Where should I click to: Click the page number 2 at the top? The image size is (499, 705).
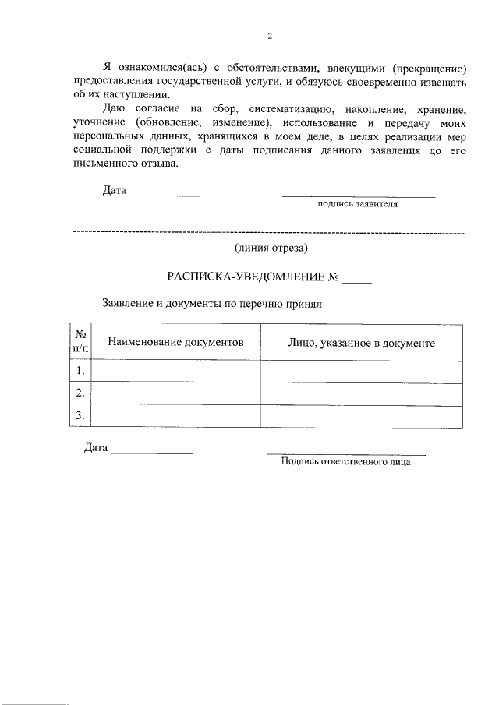tap(269, 35)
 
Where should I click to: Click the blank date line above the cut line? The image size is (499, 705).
tap(165, 192)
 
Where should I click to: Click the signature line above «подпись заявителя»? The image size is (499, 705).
tap(358, 195)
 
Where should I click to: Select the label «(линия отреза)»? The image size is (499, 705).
tap(271, 249)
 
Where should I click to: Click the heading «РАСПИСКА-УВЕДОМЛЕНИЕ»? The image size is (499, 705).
tap(245, 277)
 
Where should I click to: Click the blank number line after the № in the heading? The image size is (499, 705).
tap(357, 278)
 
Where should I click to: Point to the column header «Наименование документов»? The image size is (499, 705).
tap(175, 342)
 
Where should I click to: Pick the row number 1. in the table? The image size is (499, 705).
tap(80, 371)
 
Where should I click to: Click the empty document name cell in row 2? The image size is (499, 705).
tap(175, 393)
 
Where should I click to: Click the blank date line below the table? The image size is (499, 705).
tap(151, 451)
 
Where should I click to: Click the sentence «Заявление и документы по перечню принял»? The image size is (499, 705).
tap(211, 304)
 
